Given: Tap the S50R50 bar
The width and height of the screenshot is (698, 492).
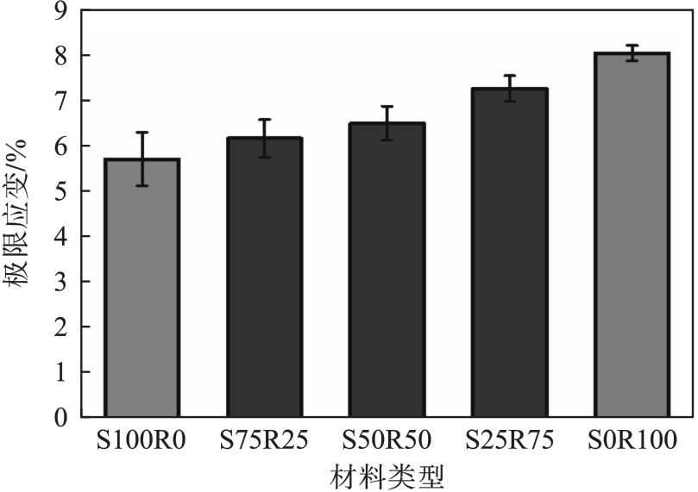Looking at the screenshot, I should tap(387, 271).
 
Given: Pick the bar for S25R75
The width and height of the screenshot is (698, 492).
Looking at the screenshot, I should tap(509, 253).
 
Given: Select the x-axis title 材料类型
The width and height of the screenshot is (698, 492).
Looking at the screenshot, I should tap(387, 475).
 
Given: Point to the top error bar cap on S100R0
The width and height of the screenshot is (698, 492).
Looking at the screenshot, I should tap(141, 133).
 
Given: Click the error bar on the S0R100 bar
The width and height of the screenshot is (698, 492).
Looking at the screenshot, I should tap(632, 53).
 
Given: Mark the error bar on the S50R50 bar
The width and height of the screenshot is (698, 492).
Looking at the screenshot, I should tap(387, 123).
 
